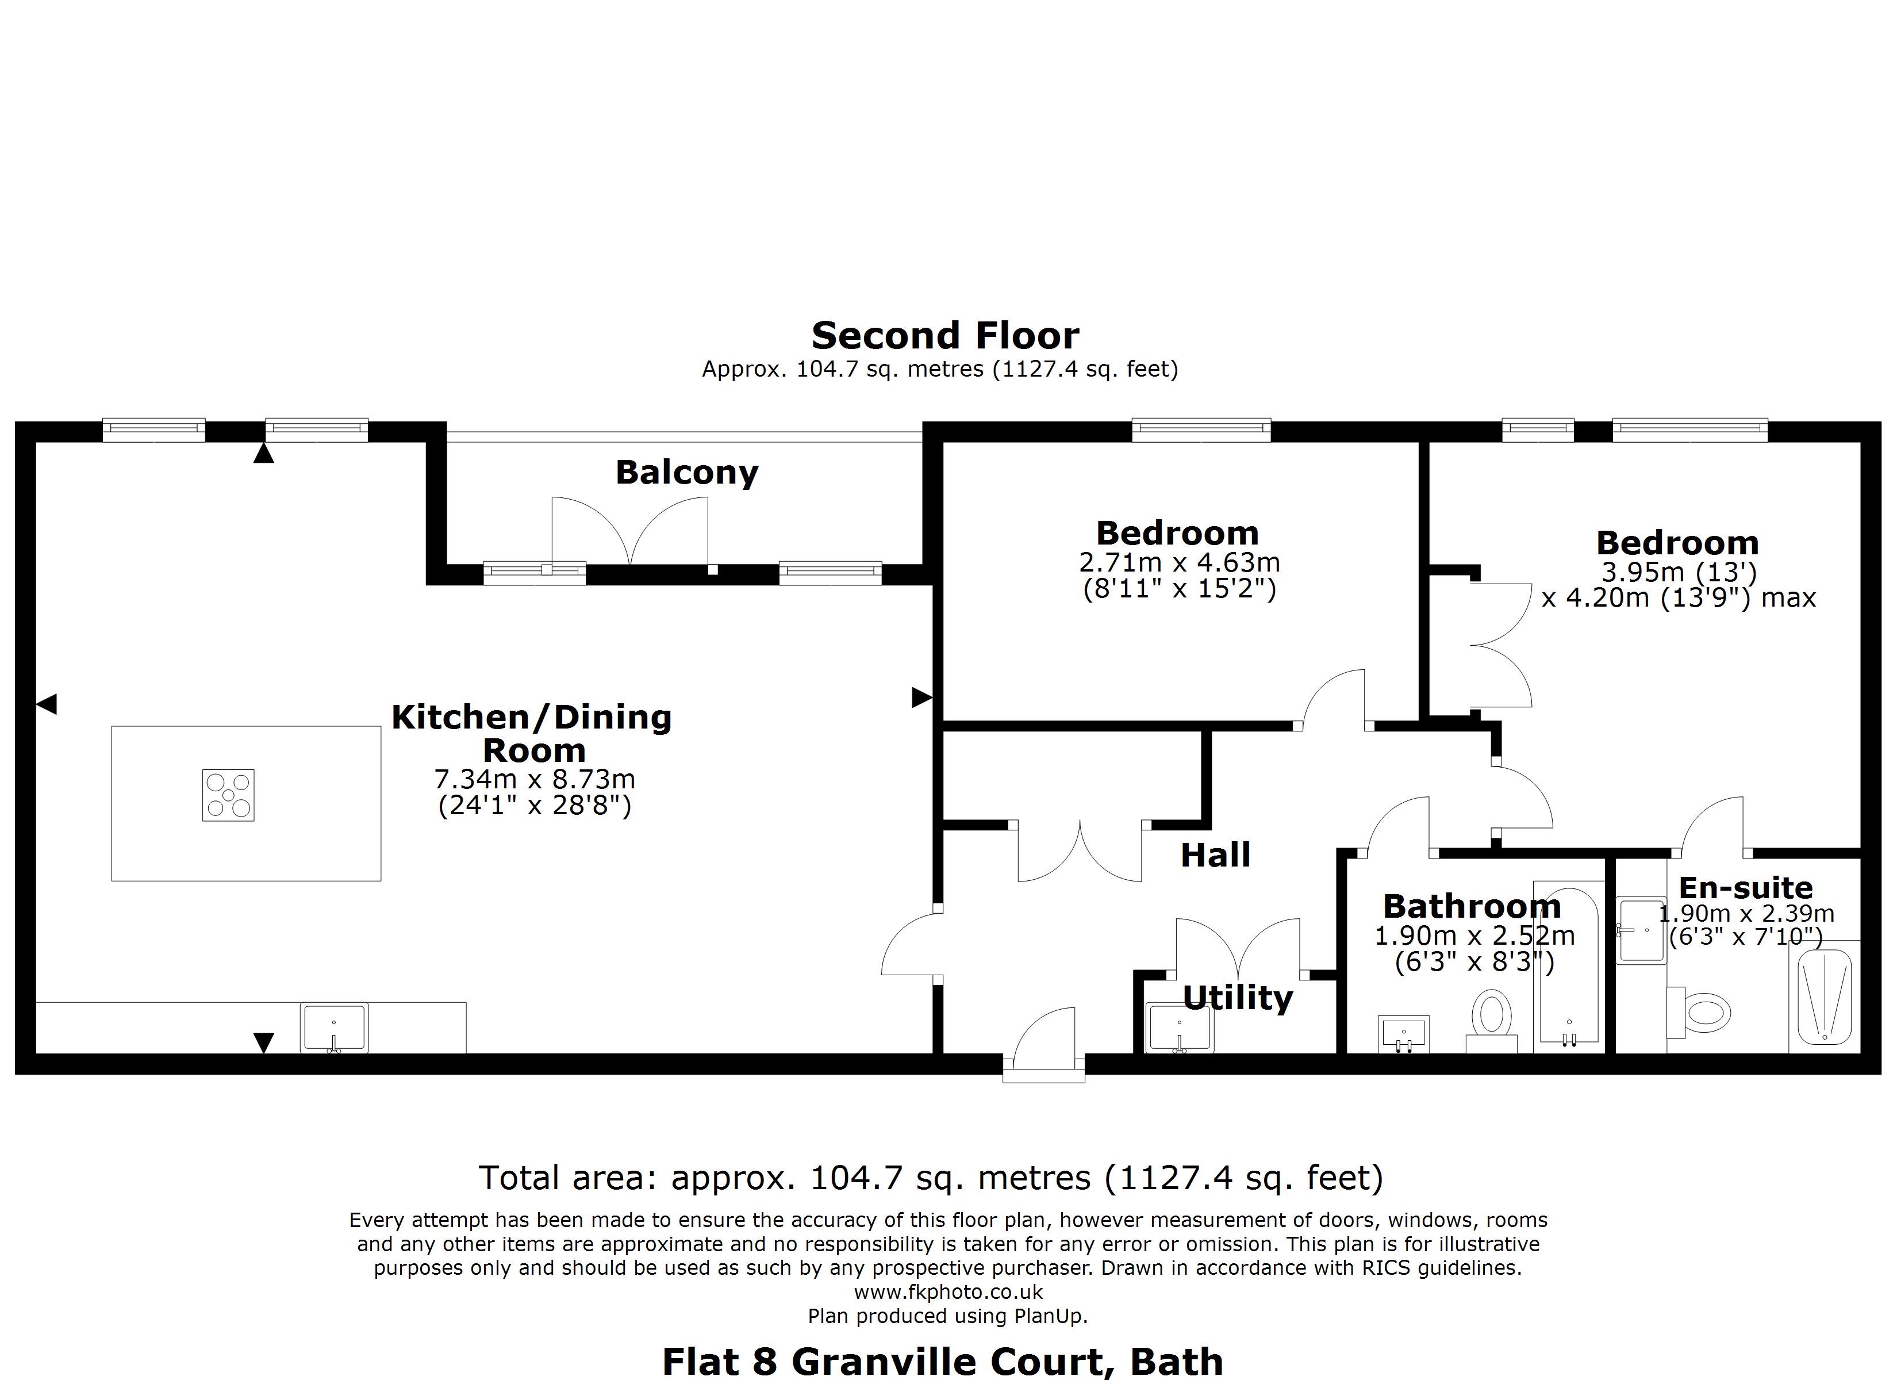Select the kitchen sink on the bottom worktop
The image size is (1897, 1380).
334,1028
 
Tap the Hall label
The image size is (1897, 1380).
1215,854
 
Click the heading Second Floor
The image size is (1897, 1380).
944,336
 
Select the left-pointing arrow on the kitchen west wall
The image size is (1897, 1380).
47,704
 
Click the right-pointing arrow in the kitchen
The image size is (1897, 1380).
921,696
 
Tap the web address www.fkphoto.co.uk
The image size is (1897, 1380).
948,1291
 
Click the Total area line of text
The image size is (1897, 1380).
930,1178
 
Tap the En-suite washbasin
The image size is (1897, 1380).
1640,930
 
